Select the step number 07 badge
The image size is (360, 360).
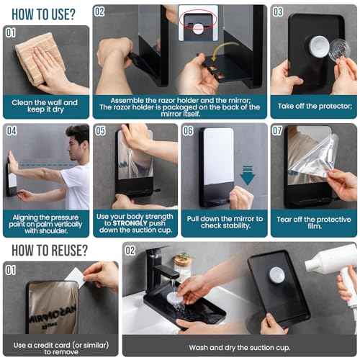click(278, 131)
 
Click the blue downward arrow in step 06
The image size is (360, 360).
click(248, 175)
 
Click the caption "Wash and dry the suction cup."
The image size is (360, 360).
click(238, 347)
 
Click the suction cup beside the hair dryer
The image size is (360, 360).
click(276, 275)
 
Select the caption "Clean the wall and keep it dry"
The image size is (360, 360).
click(46, 107)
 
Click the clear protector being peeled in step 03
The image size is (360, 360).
click(336, 49)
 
